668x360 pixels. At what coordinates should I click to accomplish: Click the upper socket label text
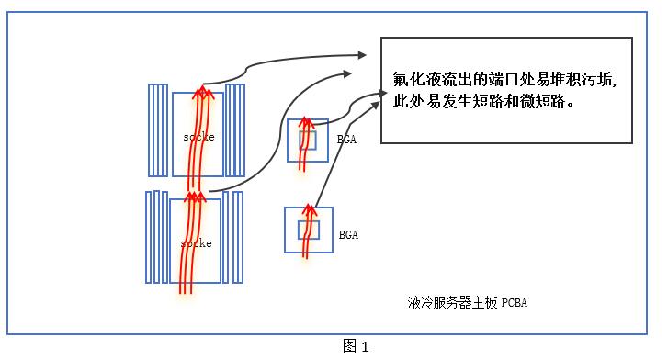click(198, 137)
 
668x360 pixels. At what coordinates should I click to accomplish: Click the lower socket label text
click(197, 243)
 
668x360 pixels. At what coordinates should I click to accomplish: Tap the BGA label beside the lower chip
click(348, 235)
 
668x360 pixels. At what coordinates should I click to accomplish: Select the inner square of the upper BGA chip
click(307, 141)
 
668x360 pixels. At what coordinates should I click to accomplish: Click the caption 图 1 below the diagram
click(355, 346)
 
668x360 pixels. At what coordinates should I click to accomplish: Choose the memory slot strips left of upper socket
click(159, 129)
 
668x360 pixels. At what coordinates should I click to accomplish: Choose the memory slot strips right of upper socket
click(235, 129)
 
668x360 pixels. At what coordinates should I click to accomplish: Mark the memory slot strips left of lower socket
click(157, 237)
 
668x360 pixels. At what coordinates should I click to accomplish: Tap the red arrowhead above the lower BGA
click(310, 210)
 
